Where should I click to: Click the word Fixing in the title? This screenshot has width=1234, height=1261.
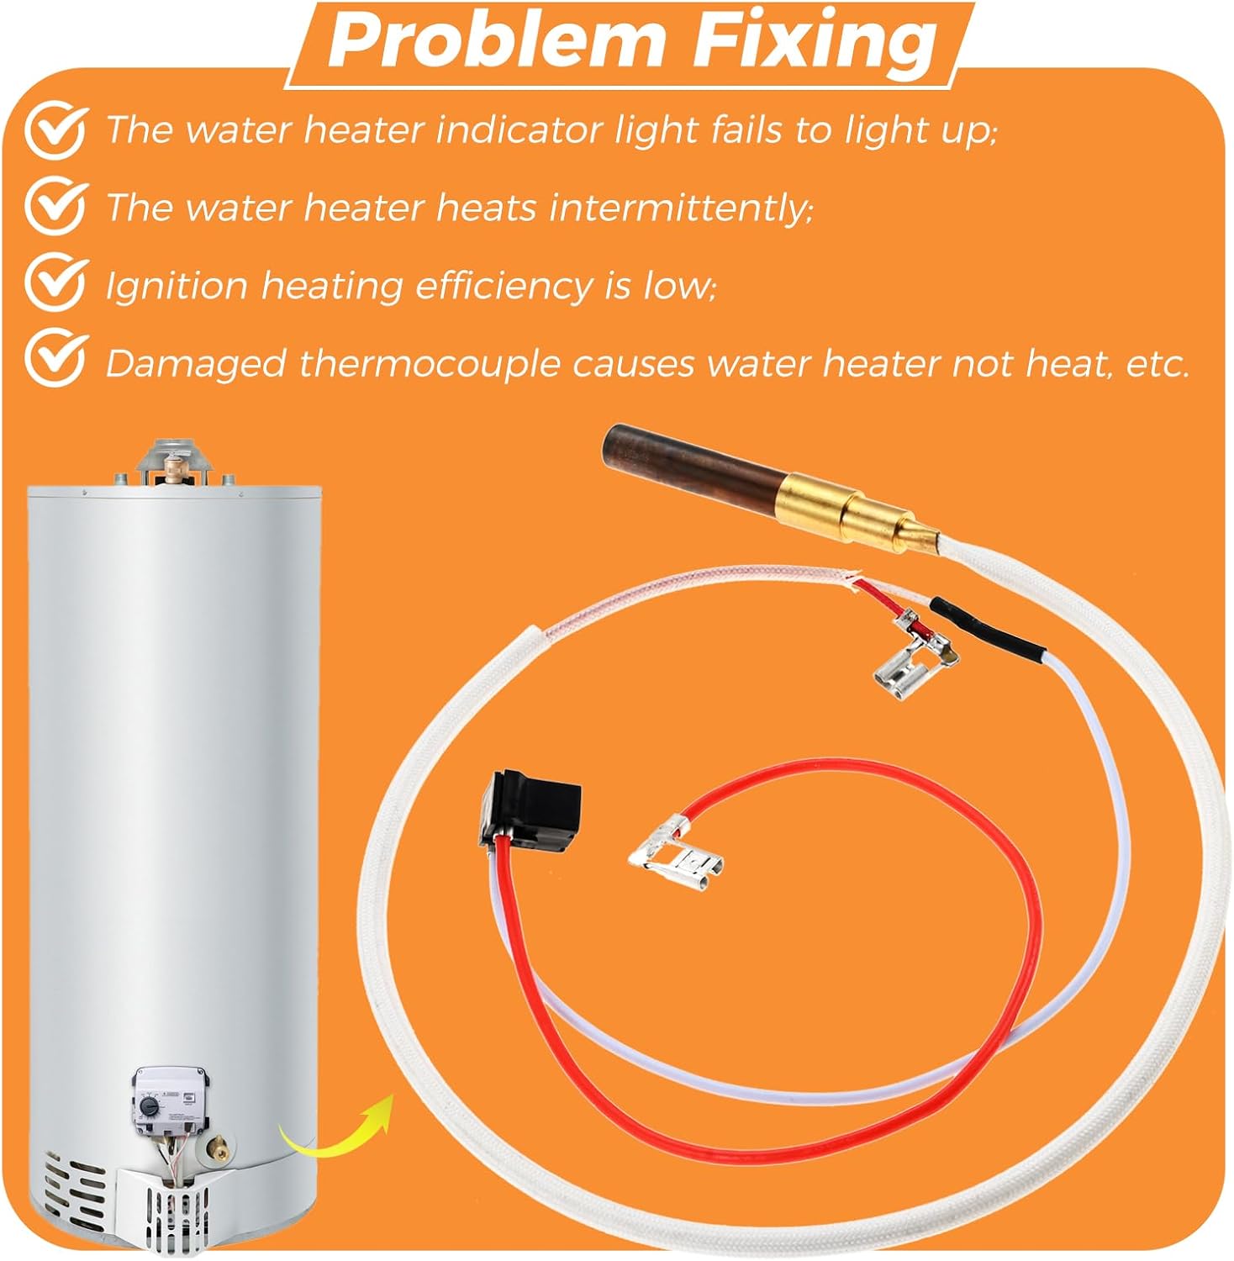[811, 42]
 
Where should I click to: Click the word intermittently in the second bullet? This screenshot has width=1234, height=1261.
[681, 207]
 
